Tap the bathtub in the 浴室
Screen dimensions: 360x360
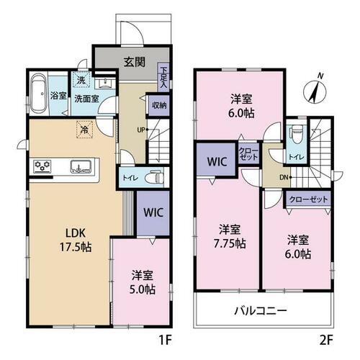click(x=38, y=93)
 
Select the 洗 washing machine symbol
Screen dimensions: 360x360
click(x=81, y=79)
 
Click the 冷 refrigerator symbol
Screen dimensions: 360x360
click(x=84, y=130)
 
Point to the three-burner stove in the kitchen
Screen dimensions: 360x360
click(x=42, y=166)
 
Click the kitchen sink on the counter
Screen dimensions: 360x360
click(x=81, y=166)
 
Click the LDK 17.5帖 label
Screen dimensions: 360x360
click(x=76, y=240)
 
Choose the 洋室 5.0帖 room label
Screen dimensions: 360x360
click(x=143, y=282)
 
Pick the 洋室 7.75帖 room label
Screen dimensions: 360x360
click(x=230, y=237)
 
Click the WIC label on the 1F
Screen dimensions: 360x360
click(x=153, y=212)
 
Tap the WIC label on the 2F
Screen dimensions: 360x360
click(x=217, y=161)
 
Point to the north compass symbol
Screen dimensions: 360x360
click(x=315, y=90)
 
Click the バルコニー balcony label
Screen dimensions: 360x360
click(x=261, y=311)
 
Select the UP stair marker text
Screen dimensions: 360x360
click(x=141, y=130)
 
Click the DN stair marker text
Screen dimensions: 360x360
click(x=284, y=178)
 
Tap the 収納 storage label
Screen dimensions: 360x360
click(x=159, y=105)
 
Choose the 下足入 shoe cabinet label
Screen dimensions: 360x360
click(x=163, y=77)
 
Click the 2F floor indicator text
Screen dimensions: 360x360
click(x=325, y=341)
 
